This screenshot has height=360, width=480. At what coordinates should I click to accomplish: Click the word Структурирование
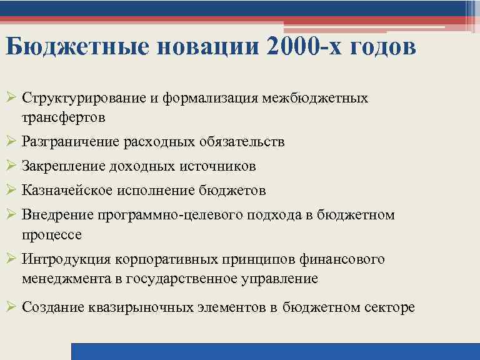[87, 99]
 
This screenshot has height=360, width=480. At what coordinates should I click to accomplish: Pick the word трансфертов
[62, 117]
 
